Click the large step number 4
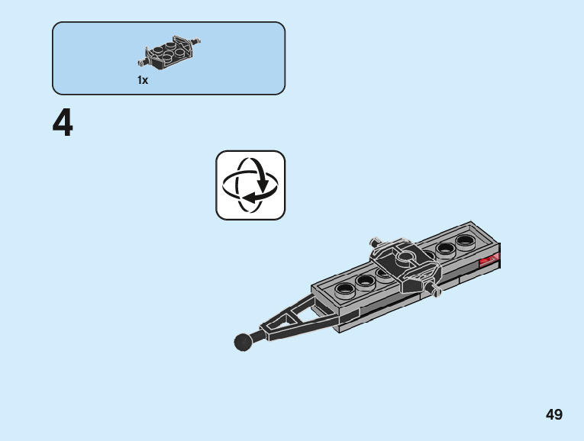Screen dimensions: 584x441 click(63, 124)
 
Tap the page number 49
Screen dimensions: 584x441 click(554, 415)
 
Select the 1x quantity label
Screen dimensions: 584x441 click(143, 80)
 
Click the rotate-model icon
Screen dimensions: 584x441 click(250, 185)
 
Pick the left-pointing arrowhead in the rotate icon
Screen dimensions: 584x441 click(245, 197)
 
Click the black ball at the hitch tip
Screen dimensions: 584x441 click(244, 342)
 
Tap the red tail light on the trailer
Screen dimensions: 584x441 click(488, 262)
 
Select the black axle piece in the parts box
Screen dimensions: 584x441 click(169, 52)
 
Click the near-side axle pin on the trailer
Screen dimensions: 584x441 click(435, 290)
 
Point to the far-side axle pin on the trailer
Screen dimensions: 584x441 click(374, 241)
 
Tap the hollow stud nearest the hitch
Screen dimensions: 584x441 click(345, 288)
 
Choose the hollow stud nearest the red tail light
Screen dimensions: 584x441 click(464, 242)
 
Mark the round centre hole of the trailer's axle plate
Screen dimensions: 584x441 click(405, 256)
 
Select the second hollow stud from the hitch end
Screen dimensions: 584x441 click(365, 280)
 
